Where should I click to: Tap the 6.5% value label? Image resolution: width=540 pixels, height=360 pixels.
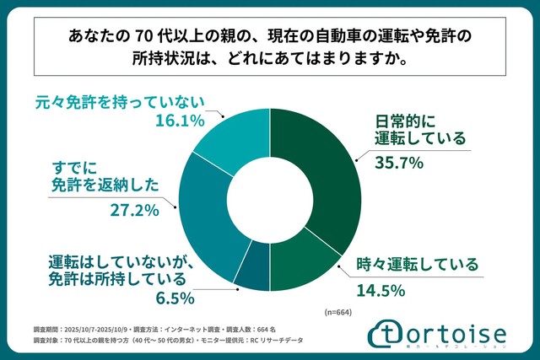pos(175,298)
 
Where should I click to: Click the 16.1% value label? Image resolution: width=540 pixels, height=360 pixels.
pos(180,121)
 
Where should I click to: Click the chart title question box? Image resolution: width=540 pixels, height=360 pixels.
pos(269,48)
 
